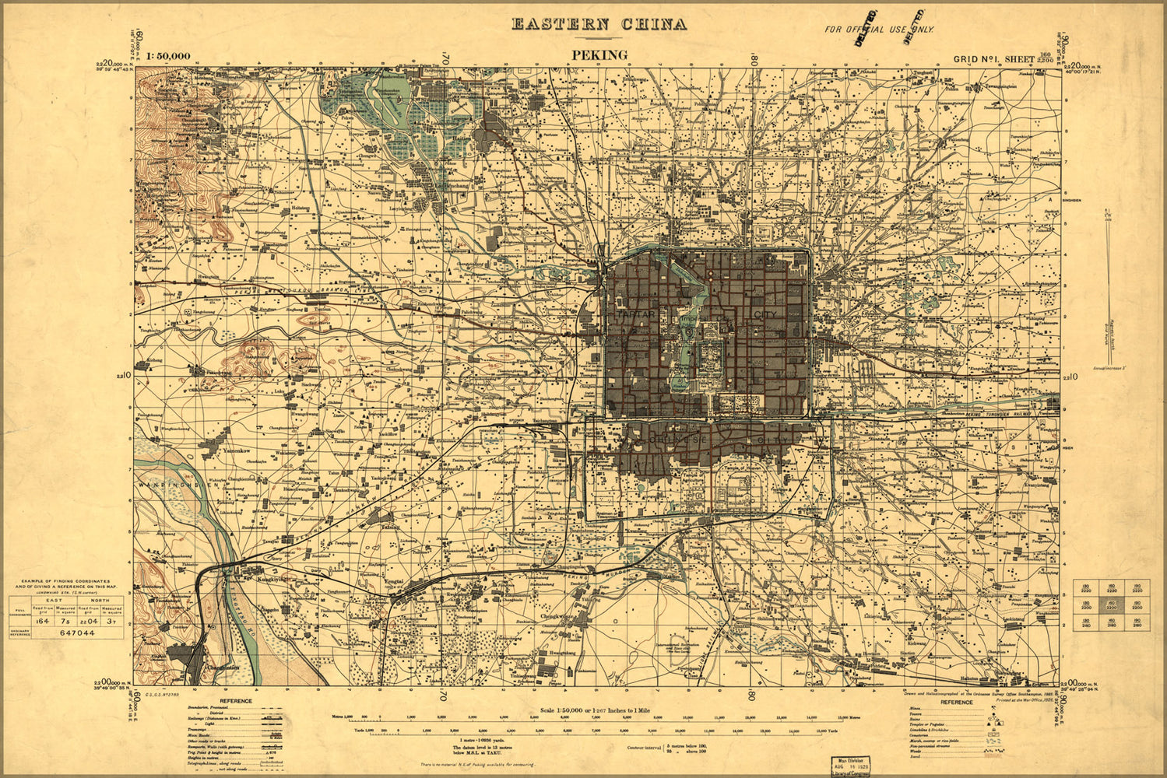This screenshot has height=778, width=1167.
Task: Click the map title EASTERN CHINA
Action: click(x=599, y=24)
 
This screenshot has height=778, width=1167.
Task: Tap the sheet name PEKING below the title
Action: click(x=599, y=54)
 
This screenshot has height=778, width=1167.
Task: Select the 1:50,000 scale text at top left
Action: click(x=168, y=56)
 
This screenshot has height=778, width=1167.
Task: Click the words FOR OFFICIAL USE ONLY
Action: click(x=879, y=30)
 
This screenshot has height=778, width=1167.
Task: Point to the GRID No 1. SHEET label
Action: click(x=993, y=59)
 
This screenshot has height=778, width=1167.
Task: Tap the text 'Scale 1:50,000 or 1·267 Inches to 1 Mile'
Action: click(x=597, y=710)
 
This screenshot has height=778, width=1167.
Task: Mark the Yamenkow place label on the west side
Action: click(x=235, y=450)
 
